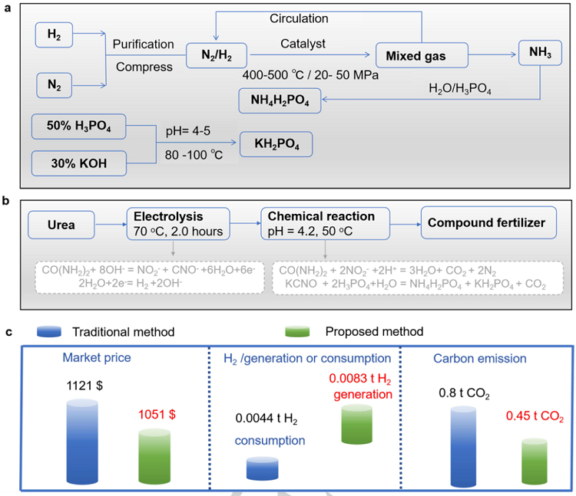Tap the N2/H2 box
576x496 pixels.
[217, 54]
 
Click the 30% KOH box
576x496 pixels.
[78, 163]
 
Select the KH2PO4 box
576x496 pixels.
[276, 143]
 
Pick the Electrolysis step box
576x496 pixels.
[175, 222]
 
